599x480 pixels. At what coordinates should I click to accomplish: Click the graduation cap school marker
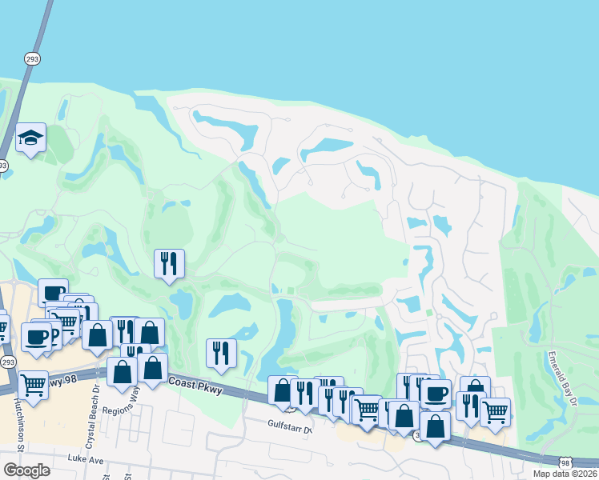coord(30,138)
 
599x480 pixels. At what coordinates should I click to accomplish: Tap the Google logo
coord(26,470)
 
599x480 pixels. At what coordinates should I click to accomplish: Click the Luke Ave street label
coord(86,460)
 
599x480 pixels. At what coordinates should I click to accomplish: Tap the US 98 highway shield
coord(566,463)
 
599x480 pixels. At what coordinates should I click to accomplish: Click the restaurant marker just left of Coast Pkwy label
coord(221,352)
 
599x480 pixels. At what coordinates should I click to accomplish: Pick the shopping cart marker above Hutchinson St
coord(33,384)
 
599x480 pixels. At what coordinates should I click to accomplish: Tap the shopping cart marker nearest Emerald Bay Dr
coord(495,411)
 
